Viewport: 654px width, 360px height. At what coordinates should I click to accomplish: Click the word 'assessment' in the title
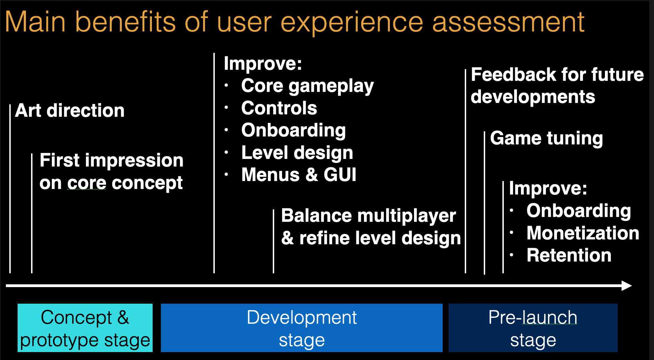508,22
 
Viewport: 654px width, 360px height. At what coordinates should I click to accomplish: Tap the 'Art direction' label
70,111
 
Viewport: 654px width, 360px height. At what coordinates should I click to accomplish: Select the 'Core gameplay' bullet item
307,86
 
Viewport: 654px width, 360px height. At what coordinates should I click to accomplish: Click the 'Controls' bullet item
279,108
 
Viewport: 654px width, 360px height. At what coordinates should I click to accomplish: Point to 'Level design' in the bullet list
297,153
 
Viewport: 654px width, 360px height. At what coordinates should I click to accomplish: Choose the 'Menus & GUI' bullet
299,175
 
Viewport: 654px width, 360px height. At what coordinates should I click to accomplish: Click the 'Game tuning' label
546,138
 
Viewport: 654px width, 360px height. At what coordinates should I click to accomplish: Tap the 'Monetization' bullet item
583,233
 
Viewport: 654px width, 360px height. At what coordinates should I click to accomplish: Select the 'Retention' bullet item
569,255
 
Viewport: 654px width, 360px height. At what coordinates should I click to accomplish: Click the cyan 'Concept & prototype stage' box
85,328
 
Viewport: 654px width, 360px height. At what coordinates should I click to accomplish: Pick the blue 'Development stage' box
301,328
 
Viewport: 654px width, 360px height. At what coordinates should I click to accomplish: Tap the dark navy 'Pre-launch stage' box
533,328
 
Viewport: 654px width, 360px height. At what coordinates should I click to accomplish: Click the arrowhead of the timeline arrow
627,286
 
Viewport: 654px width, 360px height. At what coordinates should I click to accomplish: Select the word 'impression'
134,161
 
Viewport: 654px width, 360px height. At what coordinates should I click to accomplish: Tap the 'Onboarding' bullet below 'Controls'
294,131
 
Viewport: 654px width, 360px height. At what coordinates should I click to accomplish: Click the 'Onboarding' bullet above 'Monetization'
579,211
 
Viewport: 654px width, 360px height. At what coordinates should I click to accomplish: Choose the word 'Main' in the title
35,22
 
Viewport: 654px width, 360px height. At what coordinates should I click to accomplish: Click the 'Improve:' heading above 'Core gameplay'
263,64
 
